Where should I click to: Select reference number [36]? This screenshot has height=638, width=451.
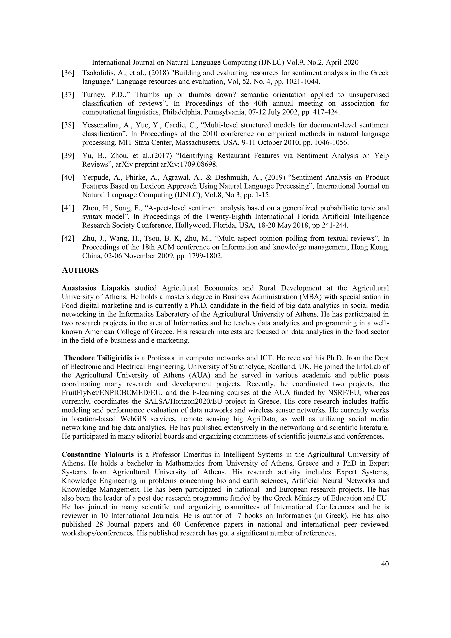click(x=68, y=73)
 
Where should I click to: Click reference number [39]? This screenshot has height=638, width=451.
click(x=68, y=156)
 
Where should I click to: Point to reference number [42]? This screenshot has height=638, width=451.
click(x=68, y=239)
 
